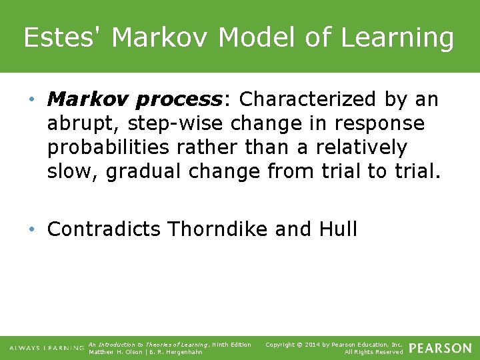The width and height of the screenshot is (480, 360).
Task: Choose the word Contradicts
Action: click(104, 229)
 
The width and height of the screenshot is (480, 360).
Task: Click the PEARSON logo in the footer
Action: click(440, 348)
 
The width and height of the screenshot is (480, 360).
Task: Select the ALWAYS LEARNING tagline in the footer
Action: click(46, 349)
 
